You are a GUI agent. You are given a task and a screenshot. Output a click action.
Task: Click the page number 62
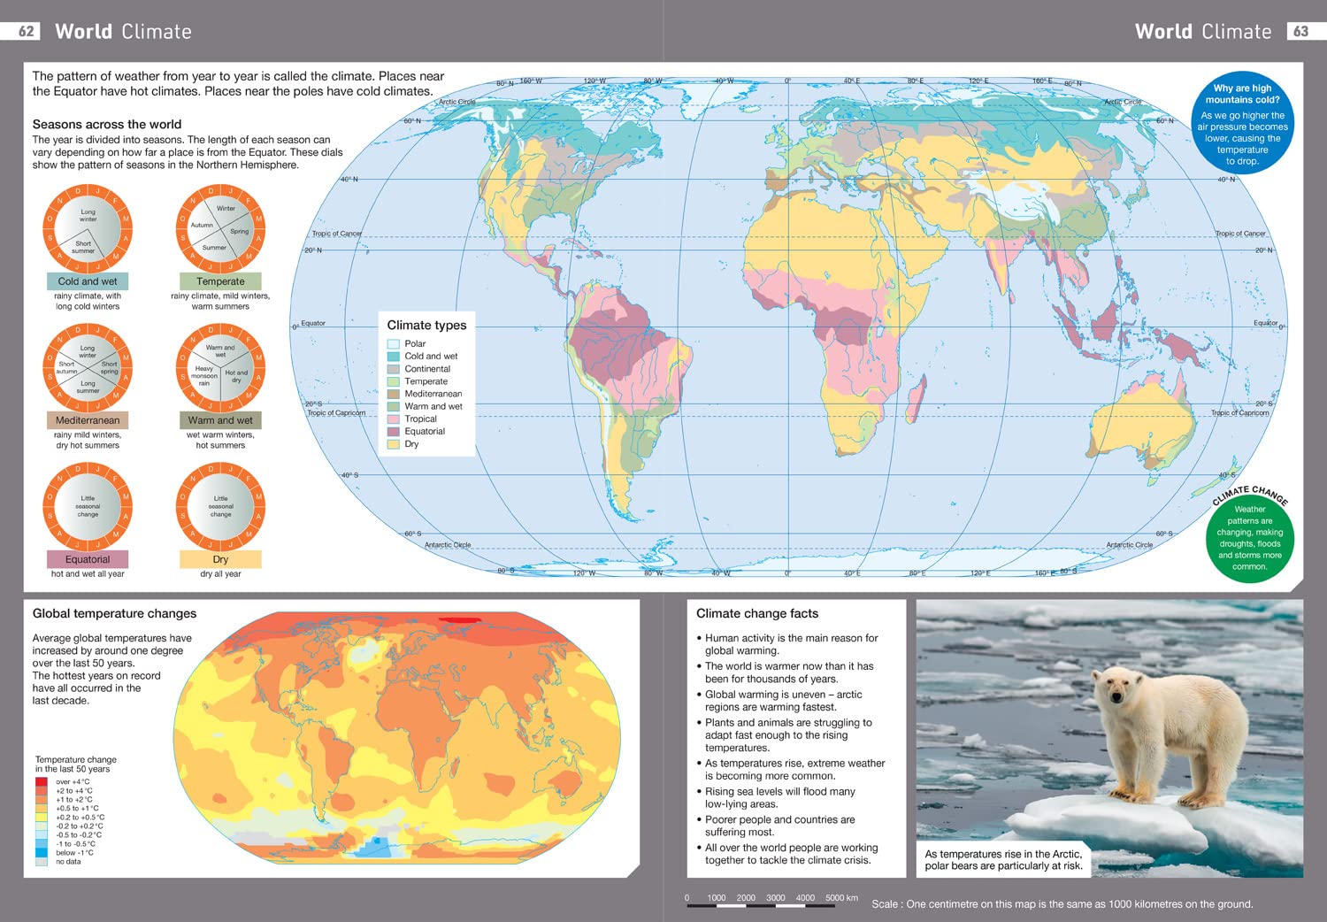(27, 31)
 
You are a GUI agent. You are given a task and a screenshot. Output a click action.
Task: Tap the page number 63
(1300, 31)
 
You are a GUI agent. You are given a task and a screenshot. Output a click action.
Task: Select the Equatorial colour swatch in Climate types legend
(393, 432)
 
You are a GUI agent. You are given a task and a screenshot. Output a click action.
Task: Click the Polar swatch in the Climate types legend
(393, 344)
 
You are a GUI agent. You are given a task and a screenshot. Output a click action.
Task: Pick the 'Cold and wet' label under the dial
(88, 281)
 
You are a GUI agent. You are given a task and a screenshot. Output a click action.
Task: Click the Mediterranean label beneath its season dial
(88, 420)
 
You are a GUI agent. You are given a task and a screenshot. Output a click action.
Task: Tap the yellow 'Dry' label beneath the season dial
(220, 559)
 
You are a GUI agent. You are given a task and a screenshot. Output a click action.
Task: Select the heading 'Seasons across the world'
(107, 125)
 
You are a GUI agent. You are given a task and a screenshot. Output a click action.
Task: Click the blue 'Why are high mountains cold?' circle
(1242, 123)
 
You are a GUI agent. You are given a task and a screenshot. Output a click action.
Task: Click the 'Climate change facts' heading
(757, 613)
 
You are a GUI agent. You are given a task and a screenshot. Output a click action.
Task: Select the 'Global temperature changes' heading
(114, 613)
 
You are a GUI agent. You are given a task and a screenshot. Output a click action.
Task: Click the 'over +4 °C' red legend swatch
(42, 782)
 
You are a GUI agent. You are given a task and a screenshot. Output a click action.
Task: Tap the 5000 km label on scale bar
(841, 897)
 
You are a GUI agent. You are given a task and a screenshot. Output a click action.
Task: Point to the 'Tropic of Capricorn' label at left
(336, 412)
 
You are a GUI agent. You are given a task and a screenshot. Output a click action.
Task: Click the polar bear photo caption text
(1003, 860)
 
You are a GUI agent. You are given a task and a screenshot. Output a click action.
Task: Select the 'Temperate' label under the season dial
(220, 281)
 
